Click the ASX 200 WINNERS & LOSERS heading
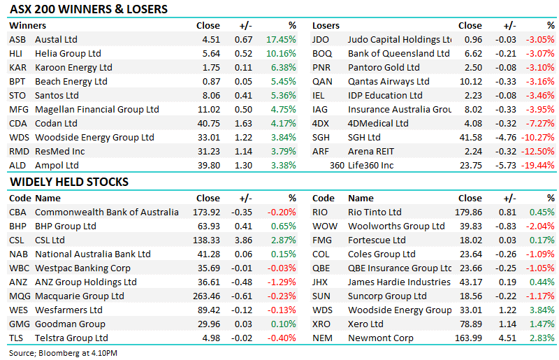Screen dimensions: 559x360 (89, 9)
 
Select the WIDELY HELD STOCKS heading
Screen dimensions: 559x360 (68, 182)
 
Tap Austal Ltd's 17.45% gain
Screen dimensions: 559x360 (281, 40)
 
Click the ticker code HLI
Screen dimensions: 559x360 (15, 54)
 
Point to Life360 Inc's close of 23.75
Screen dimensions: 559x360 (470, 166)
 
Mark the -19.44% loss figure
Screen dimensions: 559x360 (537, 166)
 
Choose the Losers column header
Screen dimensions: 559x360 (326, 26)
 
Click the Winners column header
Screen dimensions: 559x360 (27, 26)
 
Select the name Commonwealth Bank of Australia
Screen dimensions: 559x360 (107, 213)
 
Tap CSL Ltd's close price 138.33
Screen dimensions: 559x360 (206, 240)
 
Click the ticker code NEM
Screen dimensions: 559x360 (322, 338)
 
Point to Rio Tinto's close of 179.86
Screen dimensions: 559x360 (468, 213)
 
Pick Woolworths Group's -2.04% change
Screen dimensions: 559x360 (540, 226)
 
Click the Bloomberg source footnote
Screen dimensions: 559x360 (63, 353)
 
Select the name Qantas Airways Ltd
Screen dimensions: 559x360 (389, 82)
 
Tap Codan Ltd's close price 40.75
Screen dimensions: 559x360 (208, 124)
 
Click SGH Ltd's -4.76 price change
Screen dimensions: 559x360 (505, 138)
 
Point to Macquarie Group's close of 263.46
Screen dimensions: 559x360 (206, 296)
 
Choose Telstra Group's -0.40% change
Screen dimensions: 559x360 (282, 338)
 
